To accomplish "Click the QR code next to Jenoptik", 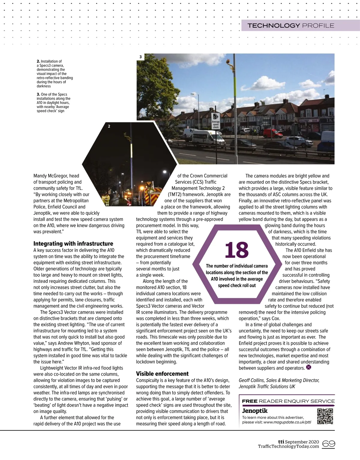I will pos(325,416).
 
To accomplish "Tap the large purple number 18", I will pos(237,250).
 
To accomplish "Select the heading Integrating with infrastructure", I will pos(73,244).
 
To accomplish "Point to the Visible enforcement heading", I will pos(162,374).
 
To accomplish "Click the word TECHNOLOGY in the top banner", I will pos(274,26).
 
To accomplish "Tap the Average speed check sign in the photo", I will pos(216,121).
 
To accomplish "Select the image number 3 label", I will pos(141,57).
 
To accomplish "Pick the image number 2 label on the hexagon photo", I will pos(109,126).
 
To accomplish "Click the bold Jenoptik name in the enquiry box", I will pos(255,411).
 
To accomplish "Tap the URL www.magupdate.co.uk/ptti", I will pos(287,422).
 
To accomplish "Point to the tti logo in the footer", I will pos(281,442).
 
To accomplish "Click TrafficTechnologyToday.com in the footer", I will pos(288,446).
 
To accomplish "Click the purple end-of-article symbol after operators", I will pos(309,367).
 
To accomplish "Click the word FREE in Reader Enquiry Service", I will pos(250,401).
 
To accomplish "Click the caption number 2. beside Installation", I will pos(38,61).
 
